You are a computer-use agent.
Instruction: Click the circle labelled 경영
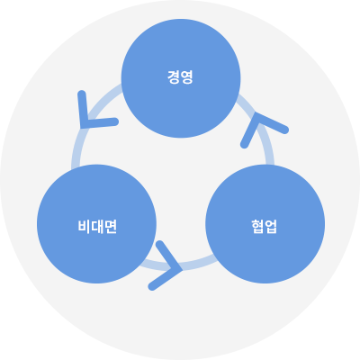pyautogui.click(x=181, y=78)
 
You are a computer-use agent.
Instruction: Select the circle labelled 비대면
pyautogui.click(x=96, y=224)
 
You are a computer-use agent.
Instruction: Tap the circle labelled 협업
pyautogui.click(x=265, y=224)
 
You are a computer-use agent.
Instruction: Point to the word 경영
pyautogui.click(x=180, y=76)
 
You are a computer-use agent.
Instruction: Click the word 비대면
pyautogui.click(x=97, y=226)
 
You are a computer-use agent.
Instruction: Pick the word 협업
pyautogui.click(x=264, y=226)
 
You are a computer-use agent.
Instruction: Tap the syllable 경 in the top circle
pyautogui.click(x=174, y=76)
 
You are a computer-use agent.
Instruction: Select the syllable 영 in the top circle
pyautogui.click(x=186, y=76)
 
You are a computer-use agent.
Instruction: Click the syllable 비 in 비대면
pyautogui.click(x=84, y=226)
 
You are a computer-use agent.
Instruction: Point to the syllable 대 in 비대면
pyautogui.click(x=96, y=226)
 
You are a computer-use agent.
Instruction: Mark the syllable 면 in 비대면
pyautogui.click(x=110, y=226)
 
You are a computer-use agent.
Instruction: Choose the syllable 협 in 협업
pyautogui.click(x=257, y=226)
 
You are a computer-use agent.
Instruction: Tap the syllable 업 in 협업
pyautogui.click(x=271, y=226)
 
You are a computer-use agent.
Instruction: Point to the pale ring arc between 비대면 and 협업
pyautogui.click(x=180, y=267)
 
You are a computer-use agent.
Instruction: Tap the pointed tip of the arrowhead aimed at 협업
pyautogui.click(x=182, y=269)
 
